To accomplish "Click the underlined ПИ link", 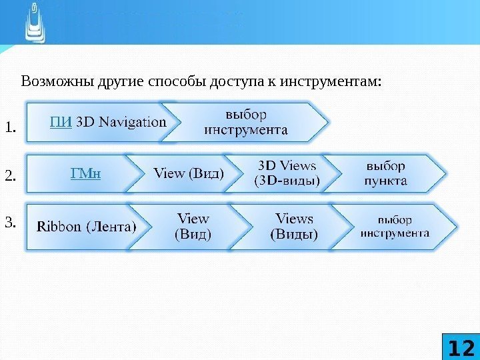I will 61,122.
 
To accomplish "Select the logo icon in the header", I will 35,21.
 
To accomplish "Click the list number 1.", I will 10,127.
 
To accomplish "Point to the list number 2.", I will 10,177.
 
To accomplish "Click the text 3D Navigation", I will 121,122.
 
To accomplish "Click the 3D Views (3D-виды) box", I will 287,172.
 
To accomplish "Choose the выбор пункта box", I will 386,172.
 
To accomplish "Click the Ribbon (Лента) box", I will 87,226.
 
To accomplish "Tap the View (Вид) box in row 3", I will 193,226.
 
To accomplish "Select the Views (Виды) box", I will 294,226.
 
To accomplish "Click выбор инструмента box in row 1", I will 245,122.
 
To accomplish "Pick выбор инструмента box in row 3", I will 395,226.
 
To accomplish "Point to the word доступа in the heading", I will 239,81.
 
